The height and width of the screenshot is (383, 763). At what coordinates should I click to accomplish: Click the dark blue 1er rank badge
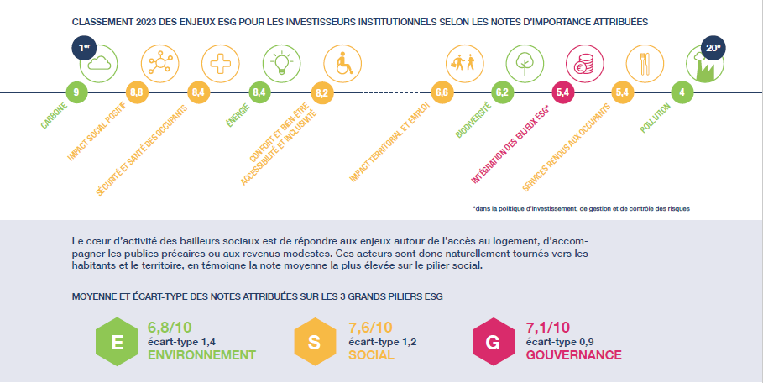pos(84,47)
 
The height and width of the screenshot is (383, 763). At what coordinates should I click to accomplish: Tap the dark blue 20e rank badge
pos(713,48)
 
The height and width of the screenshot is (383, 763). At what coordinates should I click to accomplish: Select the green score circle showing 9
pos(76,92)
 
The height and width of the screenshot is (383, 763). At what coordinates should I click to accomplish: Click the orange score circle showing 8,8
pos(137,92)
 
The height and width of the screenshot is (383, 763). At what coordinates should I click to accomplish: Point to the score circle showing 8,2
pos(322,92)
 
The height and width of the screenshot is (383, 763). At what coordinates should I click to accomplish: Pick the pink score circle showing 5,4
pos(562,92)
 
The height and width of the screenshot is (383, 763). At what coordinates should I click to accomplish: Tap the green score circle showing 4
pos(682,92)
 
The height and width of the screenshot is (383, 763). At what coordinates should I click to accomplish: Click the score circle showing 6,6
pos(442,92)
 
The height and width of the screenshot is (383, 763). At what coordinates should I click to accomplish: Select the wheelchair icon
pos(342,64)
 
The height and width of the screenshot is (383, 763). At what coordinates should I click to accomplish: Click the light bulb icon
pos(281,64)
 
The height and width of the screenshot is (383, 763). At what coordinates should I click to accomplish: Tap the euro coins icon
pos(584,64)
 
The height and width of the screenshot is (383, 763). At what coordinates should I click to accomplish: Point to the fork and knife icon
pos(645,64)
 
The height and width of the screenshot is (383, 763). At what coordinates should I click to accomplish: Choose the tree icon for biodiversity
pos(525,64)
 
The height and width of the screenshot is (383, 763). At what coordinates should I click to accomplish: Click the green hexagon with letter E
pos(117,342)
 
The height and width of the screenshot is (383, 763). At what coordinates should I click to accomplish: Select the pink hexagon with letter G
pos(493,342)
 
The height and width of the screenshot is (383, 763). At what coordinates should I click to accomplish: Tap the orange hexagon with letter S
pos(315,342)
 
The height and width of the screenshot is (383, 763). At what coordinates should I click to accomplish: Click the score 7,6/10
pos(370,328)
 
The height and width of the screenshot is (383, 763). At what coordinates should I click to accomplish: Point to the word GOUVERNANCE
pos(573,354)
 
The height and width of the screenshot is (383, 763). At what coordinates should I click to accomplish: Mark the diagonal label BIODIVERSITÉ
pos(473,120)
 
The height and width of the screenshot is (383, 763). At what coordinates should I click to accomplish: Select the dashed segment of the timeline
pos(392,92)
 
